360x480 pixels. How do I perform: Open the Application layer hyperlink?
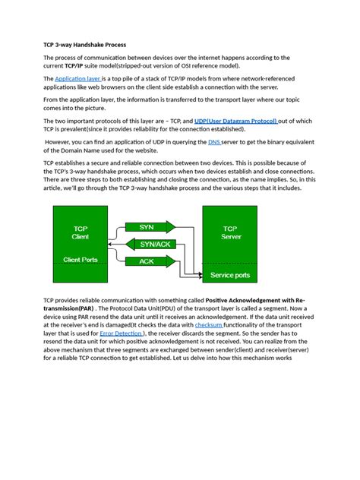pyautogui.click(x=77, y=78)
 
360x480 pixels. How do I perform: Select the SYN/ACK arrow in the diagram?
pyautogui.click(x=156, y=244)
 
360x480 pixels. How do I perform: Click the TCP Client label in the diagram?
pyautogui.click(x=80, y=232)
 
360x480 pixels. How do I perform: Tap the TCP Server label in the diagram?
pyautogui.click(x=229, y=232)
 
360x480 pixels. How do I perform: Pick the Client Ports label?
pyautogui.click(x=80, y=260)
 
